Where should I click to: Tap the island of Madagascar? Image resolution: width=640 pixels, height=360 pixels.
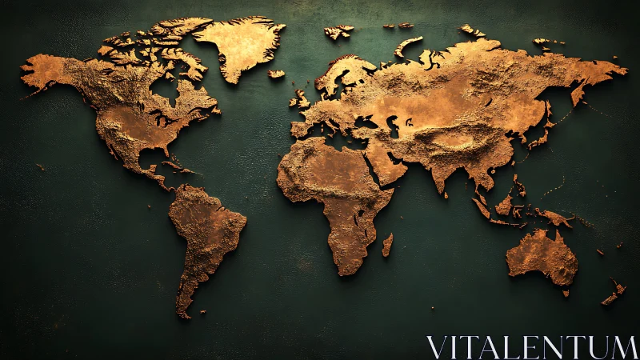click(387, 245)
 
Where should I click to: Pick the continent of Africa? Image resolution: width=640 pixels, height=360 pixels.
click(336, 192)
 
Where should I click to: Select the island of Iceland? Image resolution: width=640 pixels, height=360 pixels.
click(276, 74)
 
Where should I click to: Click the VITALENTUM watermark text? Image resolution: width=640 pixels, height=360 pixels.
click(531, 346)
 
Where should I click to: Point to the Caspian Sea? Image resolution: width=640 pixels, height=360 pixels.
click(392, 124)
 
